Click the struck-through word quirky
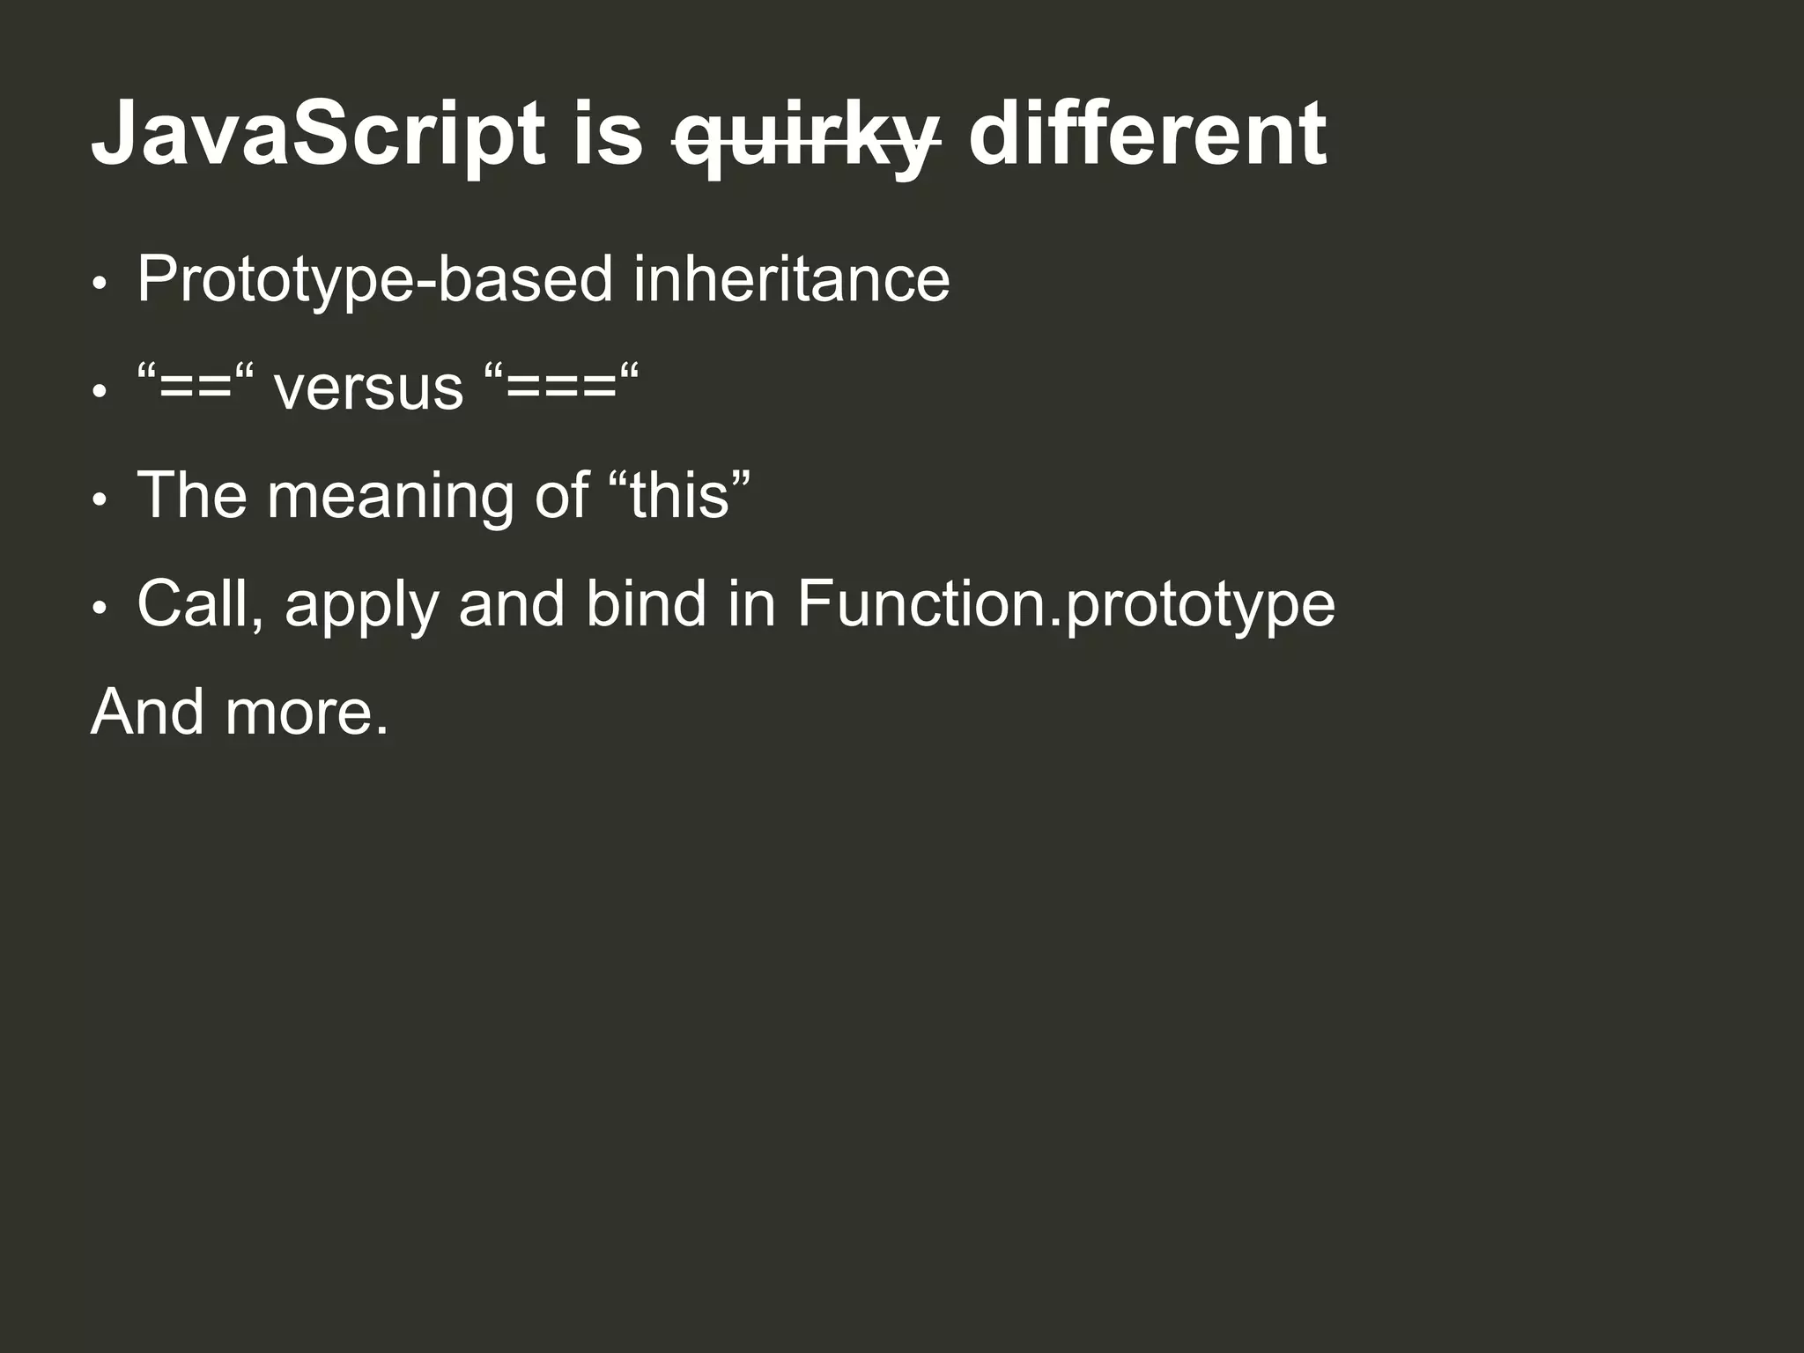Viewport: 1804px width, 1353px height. [x=805, y=139]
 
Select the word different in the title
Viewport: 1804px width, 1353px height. [x=1147, y=135]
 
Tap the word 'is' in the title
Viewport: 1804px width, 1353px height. [x=608, y=135]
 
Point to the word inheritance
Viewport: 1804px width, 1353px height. [x=791, y=280]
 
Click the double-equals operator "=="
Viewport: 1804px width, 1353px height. [x=195, y=388]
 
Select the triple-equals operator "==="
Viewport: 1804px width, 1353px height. [x=560, y=388]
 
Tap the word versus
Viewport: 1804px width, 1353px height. [x=367, y=388]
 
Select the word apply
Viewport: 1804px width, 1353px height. [x=360, y=608]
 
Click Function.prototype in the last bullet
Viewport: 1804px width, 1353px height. [x=1065, y=606]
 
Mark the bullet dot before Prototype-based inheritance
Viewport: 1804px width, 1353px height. [x=100, y=284]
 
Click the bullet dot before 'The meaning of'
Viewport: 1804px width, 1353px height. [x=100, y=499]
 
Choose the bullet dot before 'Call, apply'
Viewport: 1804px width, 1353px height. [x=100, y=608]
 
